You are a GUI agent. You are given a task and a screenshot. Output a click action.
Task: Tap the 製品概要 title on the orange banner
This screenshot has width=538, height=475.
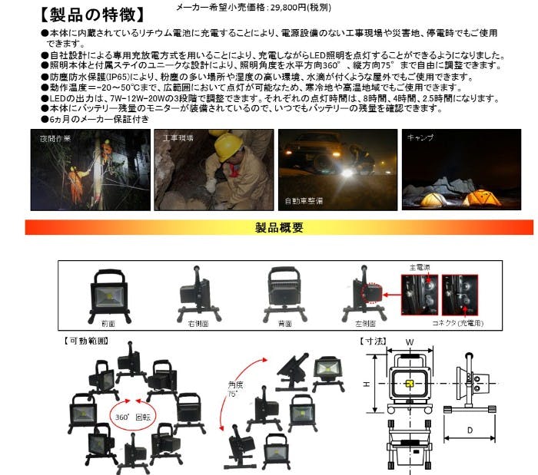click(x=279, y=227)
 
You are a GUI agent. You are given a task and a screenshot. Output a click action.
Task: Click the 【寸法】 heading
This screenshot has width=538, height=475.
click(x=374, y=338)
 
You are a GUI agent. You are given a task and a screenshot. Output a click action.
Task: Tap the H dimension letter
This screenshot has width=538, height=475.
click(x=367, y=385)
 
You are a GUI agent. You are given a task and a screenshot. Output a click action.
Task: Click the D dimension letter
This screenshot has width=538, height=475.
click(x=469, y=430)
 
